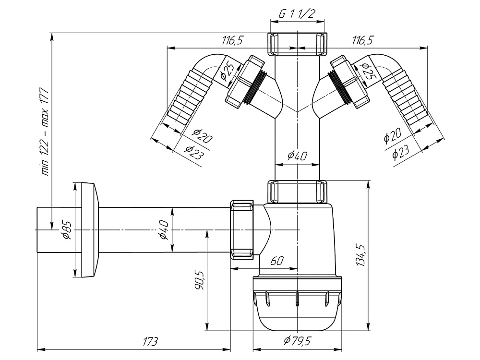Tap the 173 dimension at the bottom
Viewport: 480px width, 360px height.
pyautogui.click(x=150, y=342)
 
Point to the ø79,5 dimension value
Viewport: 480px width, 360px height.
pyautogui.click(x=298, y=341)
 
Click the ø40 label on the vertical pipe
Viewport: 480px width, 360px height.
pyautogui.click(x=297, y=156)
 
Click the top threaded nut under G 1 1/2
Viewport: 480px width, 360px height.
pyautogui.click(x=298, y=44)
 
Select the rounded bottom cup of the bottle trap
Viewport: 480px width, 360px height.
pyautogui.click(x=298, y=307)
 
